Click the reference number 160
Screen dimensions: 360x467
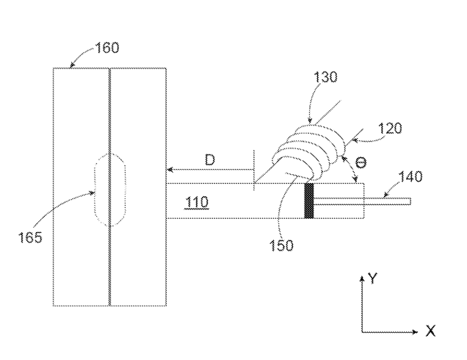coord(107,48)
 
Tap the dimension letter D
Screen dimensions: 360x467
coord(211,159)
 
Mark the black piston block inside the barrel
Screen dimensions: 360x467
coord(308,201)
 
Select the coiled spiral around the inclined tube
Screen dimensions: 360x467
coord(308,151)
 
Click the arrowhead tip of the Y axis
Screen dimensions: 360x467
coord(363,276)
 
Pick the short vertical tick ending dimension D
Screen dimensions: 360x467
coord(253,169)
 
